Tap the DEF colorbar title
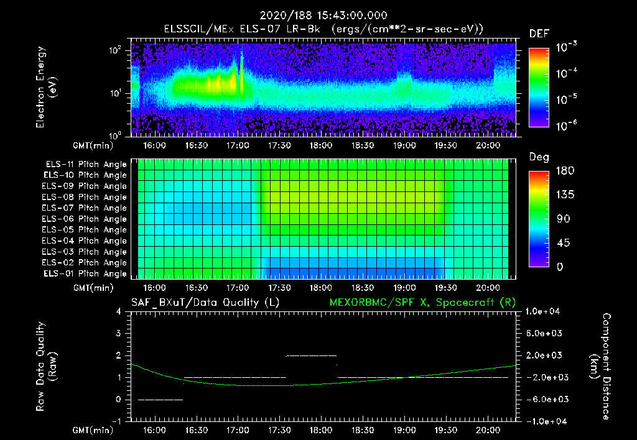click(x=539, y=34)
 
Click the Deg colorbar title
click(x=539, y=157)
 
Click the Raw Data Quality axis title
click(x=46, y=366)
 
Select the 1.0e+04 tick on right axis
click(x=544, y=311)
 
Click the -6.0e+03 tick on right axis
click(x=544, y=399)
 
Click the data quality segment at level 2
click(x=311, y=355)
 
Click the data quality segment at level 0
click(x=160, y=400)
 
